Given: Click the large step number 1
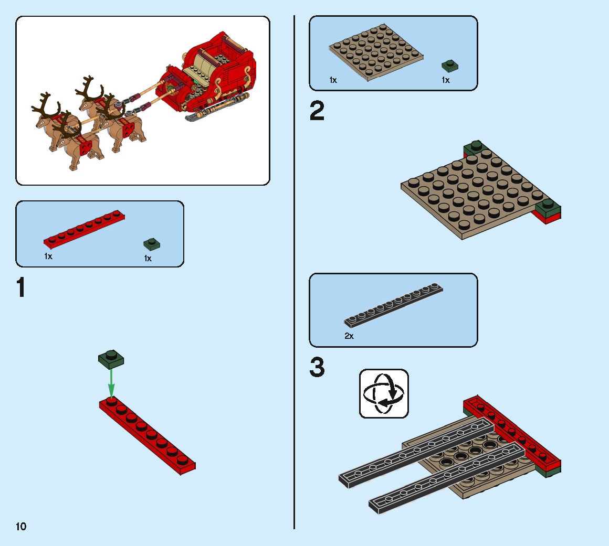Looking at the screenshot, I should point(20,287).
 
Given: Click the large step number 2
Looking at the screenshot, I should point(317,111).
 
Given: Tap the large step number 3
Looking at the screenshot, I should point(317,368).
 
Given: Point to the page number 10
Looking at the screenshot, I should point(21,526).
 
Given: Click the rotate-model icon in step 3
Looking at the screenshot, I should point(384,393).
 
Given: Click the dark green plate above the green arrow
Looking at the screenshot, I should point(111,359).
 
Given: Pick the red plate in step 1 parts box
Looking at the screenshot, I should point(84,231).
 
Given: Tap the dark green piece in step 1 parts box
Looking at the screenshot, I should point(152,244).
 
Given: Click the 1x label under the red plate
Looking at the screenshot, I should point(48,256).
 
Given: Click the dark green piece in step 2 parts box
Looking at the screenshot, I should point(449,66).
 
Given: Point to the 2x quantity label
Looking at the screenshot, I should point(349,336).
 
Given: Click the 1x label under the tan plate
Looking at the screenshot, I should point(333,80).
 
